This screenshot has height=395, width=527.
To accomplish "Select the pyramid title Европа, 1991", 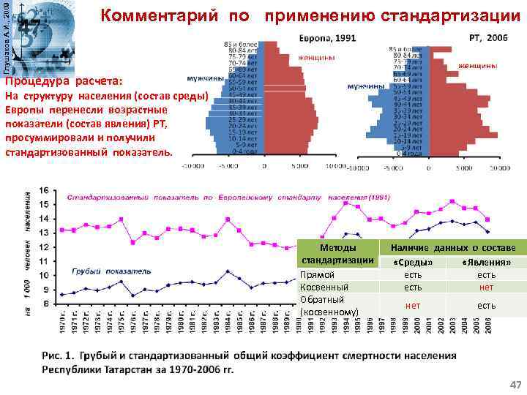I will click(x=327, y=37).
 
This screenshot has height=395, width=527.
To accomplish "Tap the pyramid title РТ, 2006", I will click(x=487, y=37).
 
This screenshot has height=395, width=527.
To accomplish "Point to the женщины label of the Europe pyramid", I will click(x=317, y=58).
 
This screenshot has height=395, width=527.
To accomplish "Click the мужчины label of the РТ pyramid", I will click(x=367, y=86).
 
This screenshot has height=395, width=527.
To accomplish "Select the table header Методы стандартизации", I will click(x=339, y=254).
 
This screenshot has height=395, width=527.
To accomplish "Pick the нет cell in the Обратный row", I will click(x=413, y=305).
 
